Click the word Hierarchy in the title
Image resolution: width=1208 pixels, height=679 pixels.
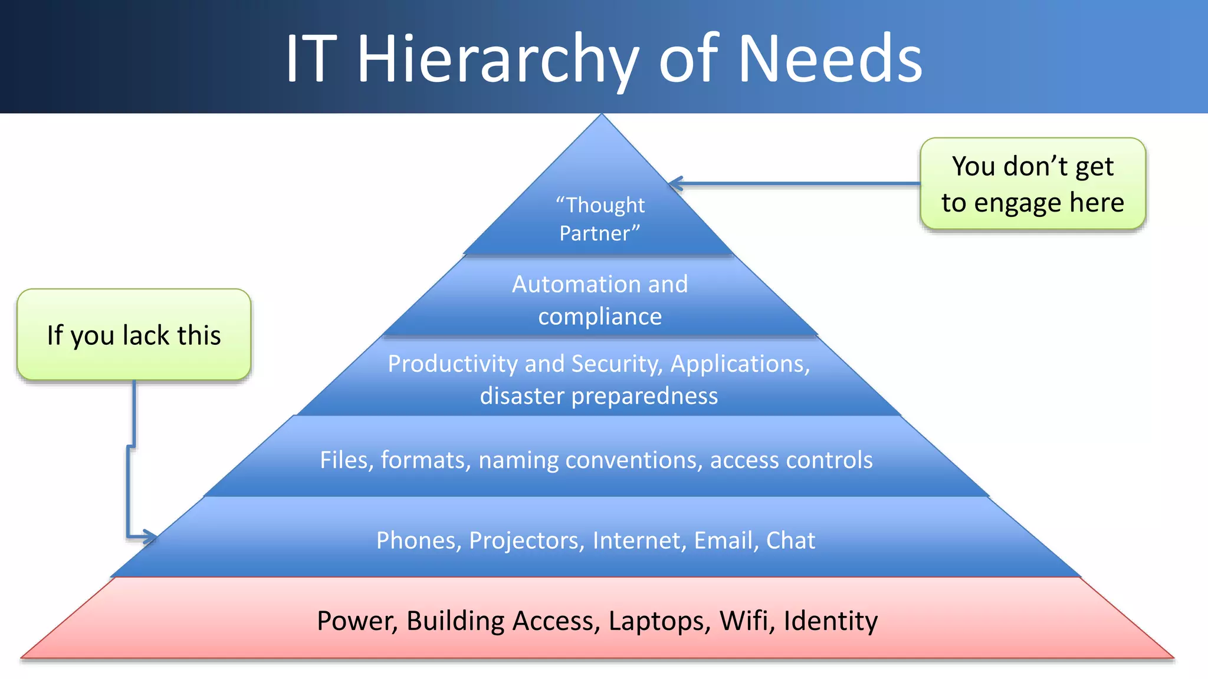click(498, 59)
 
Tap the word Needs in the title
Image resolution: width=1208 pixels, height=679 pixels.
click(830, 59)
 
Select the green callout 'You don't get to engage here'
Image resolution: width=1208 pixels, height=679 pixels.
click(1032, 184)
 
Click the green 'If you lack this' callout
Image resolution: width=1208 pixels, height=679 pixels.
click(134, 335)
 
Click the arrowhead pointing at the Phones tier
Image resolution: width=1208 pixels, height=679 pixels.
click(150, 537)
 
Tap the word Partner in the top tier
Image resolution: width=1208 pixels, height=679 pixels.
click(597, 233)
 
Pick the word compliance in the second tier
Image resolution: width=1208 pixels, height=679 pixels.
click(600, 317)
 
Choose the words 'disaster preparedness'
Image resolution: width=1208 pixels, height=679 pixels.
click(599, 395)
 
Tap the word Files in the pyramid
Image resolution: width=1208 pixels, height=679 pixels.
click(343, 460)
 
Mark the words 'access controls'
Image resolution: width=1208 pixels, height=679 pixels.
click(791, 460)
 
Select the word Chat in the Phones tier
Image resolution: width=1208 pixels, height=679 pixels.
click(790, 540)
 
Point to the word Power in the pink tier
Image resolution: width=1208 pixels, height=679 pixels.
click(356, 621)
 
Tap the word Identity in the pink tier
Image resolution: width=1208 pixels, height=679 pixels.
click(830, 621)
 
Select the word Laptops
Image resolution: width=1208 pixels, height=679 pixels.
click(659, 621)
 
